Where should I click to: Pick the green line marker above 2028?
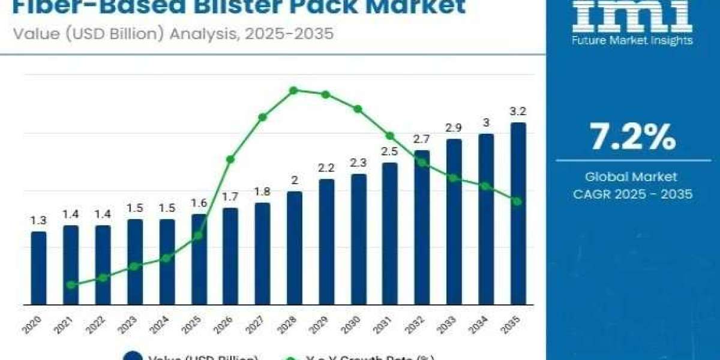(x=293, y=91)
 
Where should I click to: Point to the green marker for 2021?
(x=71, y=285)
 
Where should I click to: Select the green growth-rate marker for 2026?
(x=230, y=159)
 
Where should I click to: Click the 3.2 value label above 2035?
(x=518, y=111)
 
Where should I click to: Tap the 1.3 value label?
(x=38, y=221)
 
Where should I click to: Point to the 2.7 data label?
(x=422, y=139)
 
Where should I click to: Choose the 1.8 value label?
(x=262, y=192)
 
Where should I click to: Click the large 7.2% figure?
(x=632, y=138)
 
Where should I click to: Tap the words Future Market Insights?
(x=632, y=41)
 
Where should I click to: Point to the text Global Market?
(x=631, y=177)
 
